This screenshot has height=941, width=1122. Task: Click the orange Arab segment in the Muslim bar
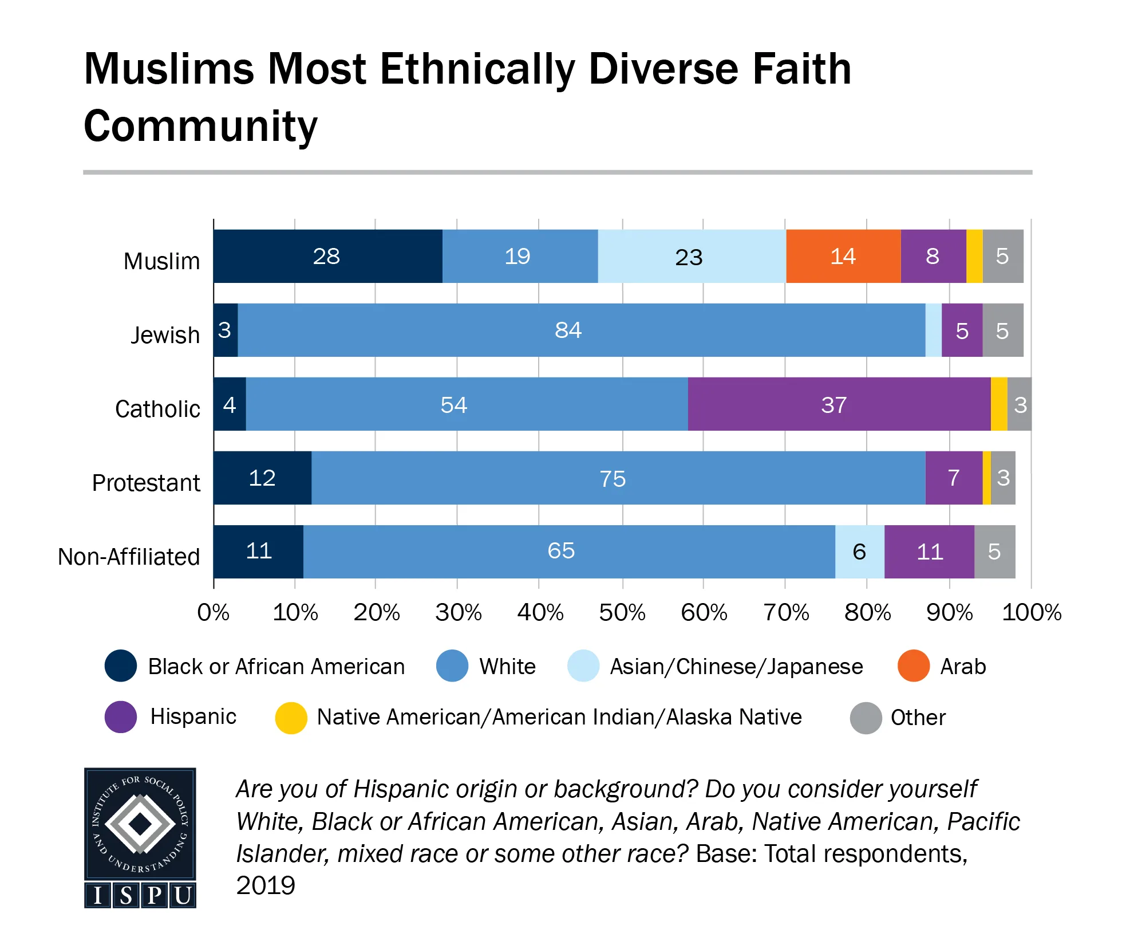(843, 256)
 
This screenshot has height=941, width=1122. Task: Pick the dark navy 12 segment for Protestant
(262, 478)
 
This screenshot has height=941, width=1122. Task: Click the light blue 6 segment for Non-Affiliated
(859, 552)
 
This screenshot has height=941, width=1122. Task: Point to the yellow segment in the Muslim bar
(974, 256)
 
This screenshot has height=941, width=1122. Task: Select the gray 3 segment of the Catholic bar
(1020, 404)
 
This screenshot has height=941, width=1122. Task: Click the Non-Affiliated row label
(129, 557)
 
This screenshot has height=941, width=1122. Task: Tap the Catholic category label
(157, 409)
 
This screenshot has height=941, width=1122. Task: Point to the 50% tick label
(622, 613)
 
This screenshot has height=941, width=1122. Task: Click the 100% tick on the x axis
(1031, 613)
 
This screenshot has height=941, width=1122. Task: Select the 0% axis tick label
(213, 613)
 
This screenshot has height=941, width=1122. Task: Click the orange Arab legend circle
(913, 666)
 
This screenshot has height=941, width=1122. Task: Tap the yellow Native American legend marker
(291, 718)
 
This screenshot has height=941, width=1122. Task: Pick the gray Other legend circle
(866, 718)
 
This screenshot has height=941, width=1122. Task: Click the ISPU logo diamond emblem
(140, 824)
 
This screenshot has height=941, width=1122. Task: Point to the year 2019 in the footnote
(266, 885)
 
